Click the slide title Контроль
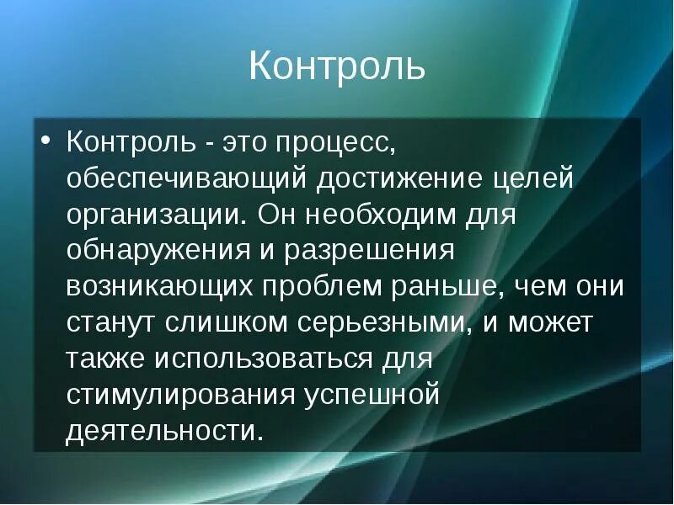336,66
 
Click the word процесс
333,142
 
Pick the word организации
154,215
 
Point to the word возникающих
159,287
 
